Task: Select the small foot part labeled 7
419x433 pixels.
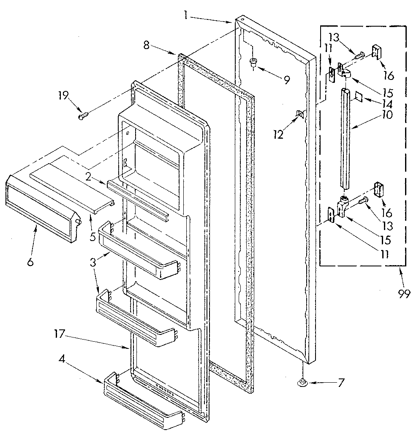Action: coord(301,383)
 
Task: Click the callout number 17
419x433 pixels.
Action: coord(59,334)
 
